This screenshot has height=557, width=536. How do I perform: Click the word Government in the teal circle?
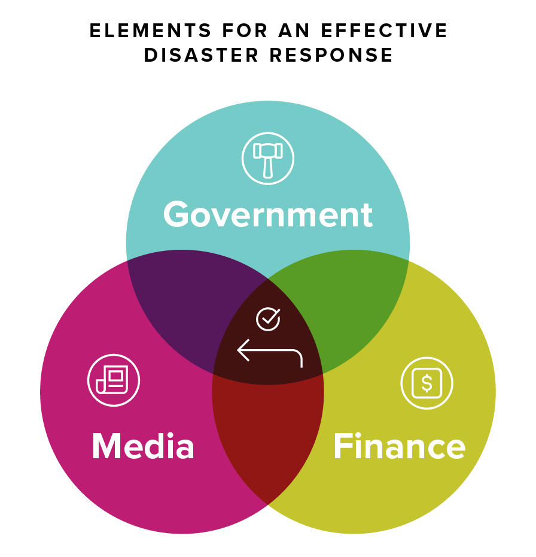(268, 215)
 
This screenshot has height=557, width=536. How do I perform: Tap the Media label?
(143, 446)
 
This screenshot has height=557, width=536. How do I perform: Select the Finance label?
(399, 446)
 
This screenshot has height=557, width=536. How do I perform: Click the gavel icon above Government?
(267, 159)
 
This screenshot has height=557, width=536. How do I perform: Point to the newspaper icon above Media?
(114, 381)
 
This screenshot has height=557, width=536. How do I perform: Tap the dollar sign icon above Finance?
(427, 383)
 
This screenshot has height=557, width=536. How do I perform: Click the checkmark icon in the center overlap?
(268, 319)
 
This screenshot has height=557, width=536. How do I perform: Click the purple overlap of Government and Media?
(179, 293)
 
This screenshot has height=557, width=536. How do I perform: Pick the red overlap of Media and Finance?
(268, 437)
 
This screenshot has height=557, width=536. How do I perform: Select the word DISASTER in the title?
(200, 55)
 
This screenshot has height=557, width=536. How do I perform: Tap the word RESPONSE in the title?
(331, 55)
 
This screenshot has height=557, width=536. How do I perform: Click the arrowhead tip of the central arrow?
(239, 350)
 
